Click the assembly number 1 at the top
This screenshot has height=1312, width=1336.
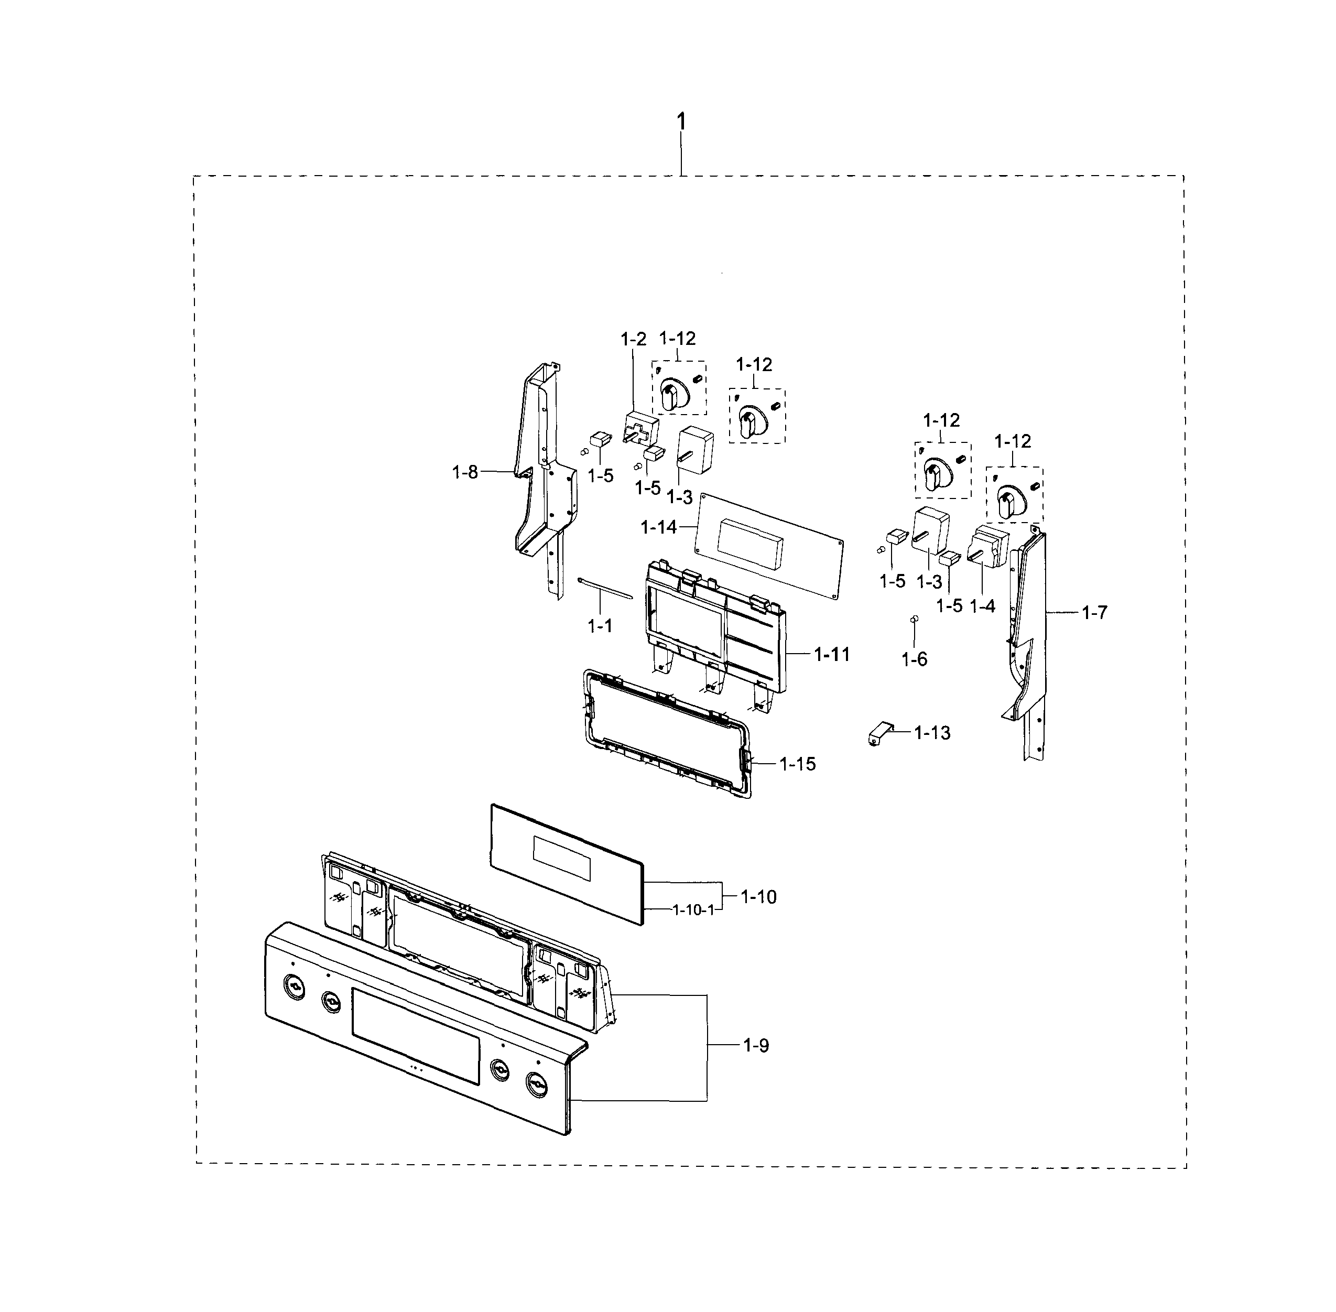point(681,122)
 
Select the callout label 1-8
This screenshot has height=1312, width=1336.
point(464,472)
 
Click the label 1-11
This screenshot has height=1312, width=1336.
point(832,654)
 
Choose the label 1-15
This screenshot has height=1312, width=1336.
point(797,764)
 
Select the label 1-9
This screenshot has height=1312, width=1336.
point(755,1045)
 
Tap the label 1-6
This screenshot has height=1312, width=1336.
point(914,659)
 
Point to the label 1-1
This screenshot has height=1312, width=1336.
point(600,626)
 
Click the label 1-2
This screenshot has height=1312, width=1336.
point(633,339)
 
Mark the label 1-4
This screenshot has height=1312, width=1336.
point(982,606)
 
